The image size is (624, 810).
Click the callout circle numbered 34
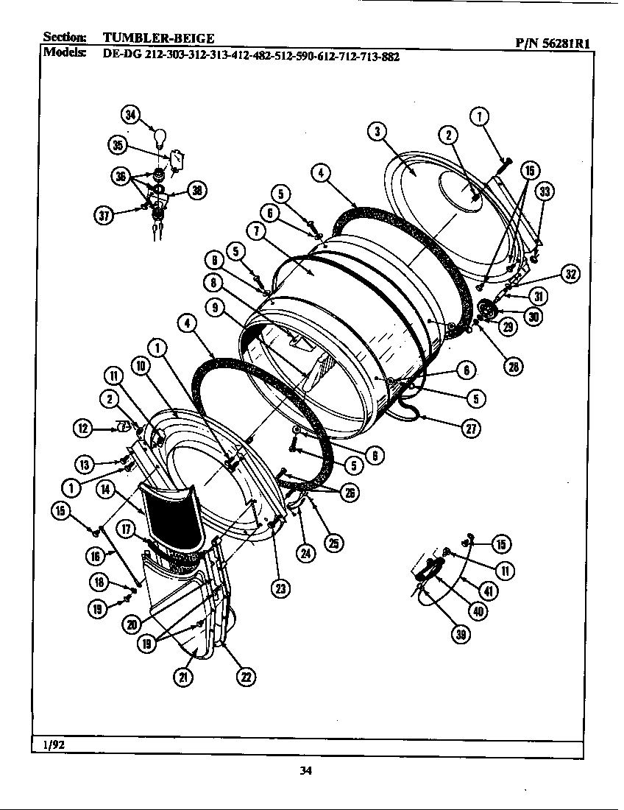pos(130,115)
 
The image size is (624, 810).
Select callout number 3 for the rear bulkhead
pos(376,132)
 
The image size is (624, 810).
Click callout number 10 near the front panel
pos(141,366)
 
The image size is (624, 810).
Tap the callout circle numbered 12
pos(83,426)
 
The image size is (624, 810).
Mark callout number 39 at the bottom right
pos(461,636)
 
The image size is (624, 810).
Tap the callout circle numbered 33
pos(545,193)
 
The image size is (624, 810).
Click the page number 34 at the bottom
pos(307,771)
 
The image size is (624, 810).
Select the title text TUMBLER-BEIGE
pos(158,38)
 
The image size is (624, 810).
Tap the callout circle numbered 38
pos(197,190)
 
